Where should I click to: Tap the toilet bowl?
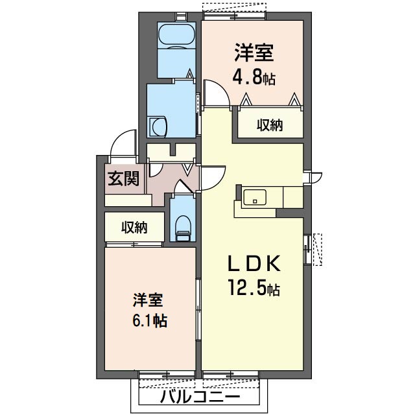tap(183, 224)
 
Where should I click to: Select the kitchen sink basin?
tap(255, 197)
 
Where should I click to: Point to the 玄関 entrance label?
tap(124, 178)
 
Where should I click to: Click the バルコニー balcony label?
tap(200, 397)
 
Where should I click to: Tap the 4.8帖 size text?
tap(254, 77)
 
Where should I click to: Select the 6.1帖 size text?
tap(150, 320)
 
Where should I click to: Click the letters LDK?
tap(254, 263)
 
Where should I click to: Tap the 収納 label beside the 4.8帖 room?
tap(270, 125)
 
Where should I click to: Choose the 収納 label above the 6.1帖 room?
tap(134, 228)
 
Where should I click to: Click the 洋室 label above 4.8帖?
tap(254, 53)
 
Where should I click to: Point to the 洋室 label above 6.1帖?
tap(148, 300)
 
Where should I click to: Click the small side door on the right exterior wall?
tap(316, 177)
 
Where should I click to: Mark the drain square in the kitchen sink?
tap(255, 202)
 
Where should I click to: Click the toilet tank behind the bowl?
tap(183, 236)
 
